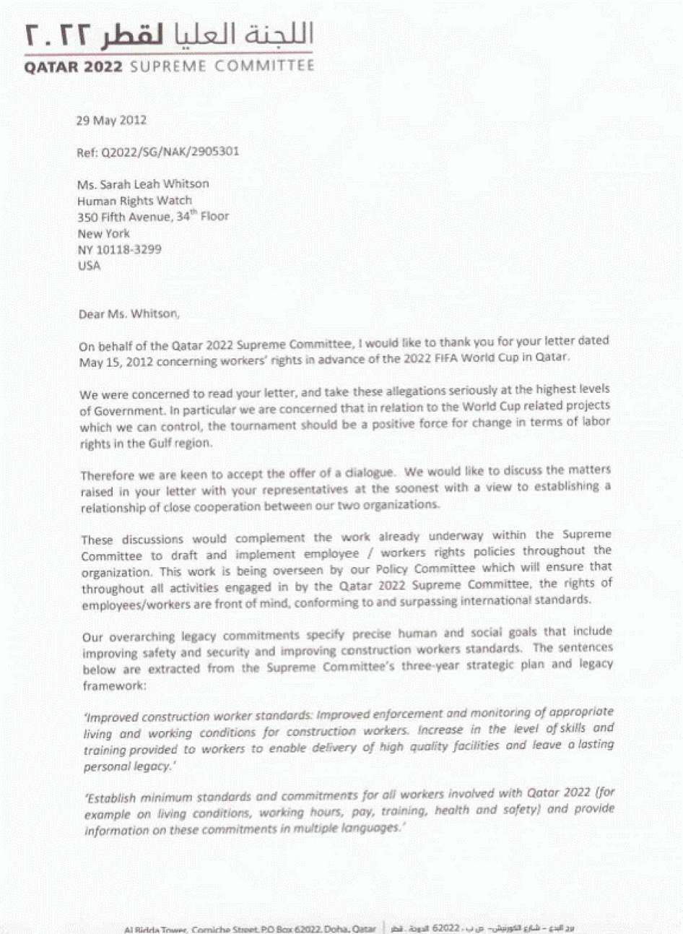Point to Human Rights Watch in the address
click(134, 200)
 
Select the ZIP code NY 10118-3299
click(119, 249)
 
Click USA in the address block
click(89, 265)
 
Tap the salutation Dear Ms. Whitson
click(128, 314)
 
